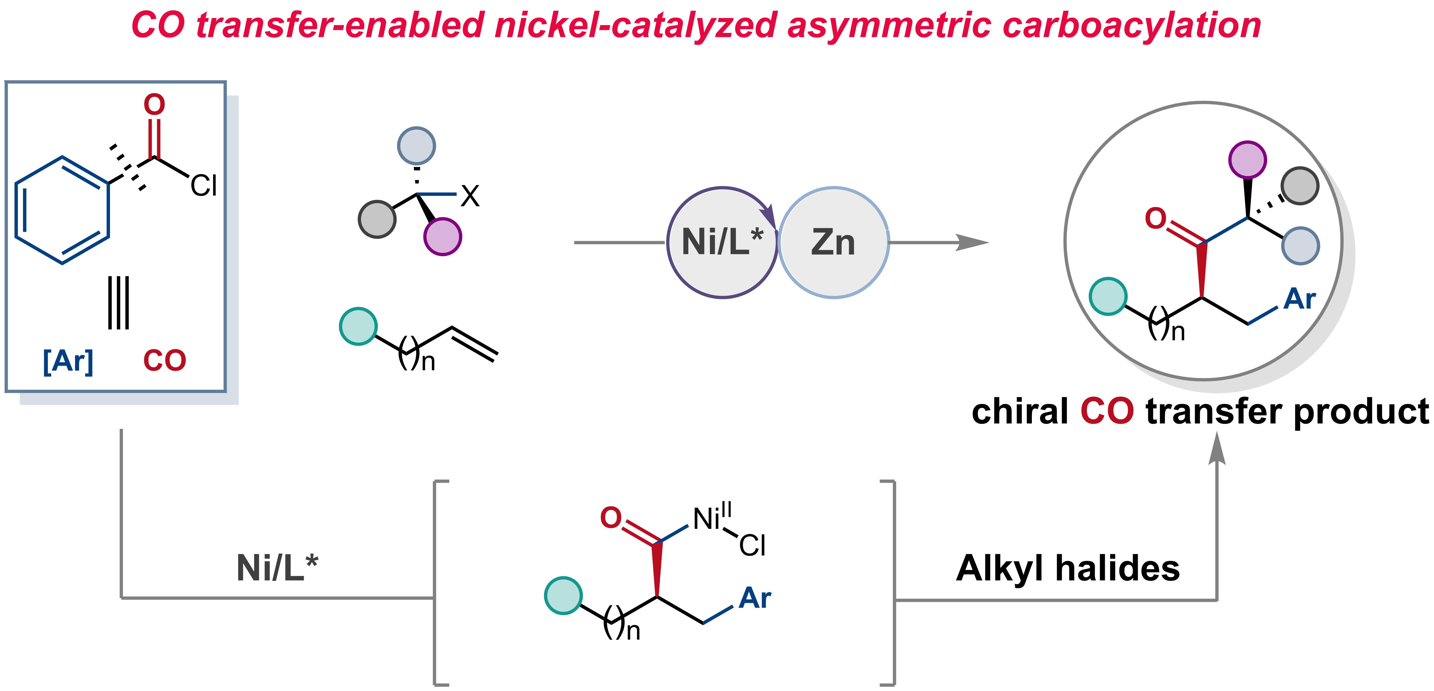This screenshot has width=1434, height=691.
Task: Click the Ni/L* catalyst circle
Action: point(722,242)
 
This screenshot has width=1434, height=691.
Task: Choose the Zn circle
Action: point(833,242)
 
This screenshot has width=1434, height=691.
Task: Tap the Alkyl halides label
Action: point(1068,568)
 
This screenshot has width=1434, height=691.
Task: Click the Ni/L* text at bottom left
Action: point(277,568)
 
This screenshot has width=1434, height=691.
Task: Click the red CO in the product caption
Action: point(1107,411)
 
